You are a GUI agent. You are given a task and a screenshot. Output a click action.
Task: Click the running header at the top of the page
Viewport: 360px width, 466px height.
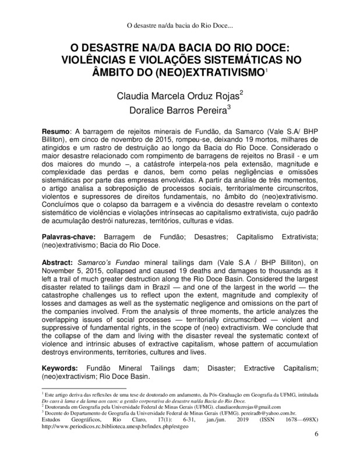(x=180, y=25)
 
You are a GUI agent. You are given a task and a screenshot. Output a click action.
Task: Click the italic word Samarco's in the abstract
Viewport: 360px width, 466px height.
(x=94, y=262)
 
